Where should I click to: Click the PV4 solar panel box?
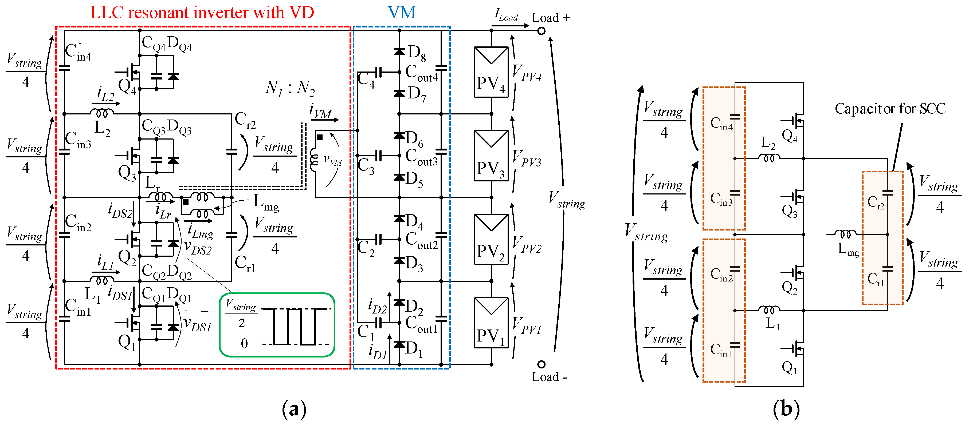491,72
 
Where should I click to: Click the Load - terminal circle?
541,364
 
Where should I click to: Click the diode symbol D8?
399,51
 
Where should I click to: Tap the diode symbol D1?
399,344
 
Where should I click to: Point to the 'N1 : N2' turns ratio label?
290,88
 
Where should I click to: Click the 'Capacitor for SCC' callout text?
890,109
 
